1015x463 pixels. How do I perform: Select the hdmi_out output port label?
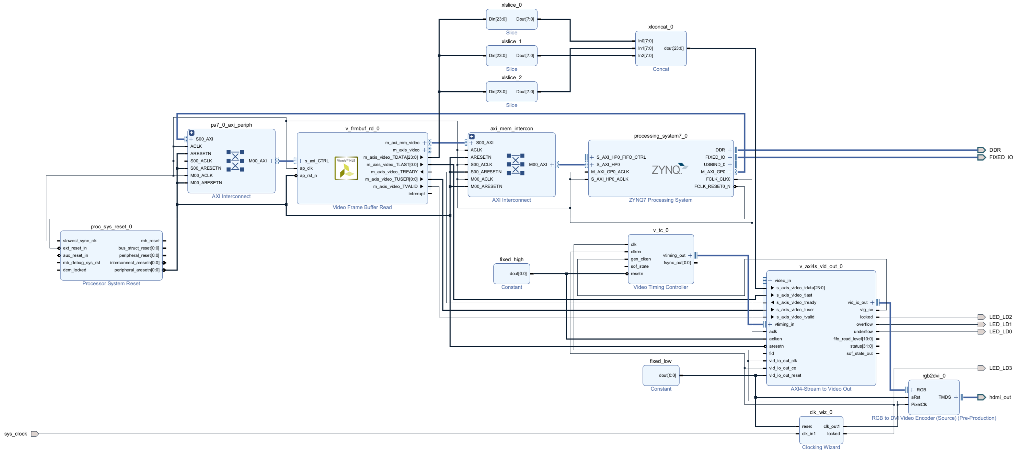point(1000,397)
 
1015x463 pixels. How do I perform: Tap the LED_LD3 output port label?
point(1000,368)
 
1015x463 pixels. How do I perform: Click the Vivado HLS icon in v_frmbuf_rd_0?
point(346,168)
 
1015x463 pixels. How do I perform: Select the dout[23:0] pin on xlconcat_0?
point(673,48)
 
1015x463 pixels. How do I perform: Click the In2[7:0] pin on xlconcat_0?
point(645,56)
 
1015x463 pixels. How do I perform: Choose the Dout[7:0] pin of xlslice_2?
point(525,92)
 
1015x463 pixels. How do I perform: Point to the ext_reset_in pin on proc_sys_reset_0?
point(75,248)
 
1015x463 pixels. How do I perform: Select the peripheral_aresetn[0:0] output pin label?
point(137,270)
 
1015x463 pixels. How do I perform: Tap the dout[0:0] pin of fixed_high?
point(518,274)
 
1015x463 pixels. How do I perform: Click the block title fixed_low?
point(660,361)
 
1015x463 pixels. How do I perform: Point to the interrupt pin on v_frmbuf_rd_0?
point(417,194)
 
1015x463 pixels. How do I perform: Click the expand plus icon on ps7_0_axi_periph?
point(192,133)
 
